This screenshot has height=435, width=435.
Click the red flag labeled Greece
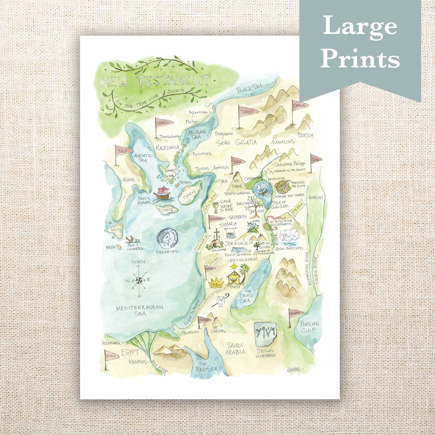coord(162,123)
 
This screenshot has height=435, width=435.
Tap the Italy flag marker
coord(122,151)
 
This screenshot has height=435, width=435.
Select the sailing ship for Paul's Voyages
coord(162,193)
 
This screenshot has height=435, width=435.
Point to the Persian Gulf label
coord(310,327)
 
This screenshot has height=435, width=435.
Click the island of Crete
coord(167,210)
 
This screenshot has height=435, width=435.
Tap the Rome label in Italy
coord(129,180)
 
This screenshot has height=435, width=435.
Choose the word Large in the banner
coord(360,26)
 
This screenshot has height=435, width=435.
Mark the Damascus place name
coord(283,142)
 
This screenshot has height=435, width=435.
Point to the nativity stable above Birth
coord(234,277)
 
